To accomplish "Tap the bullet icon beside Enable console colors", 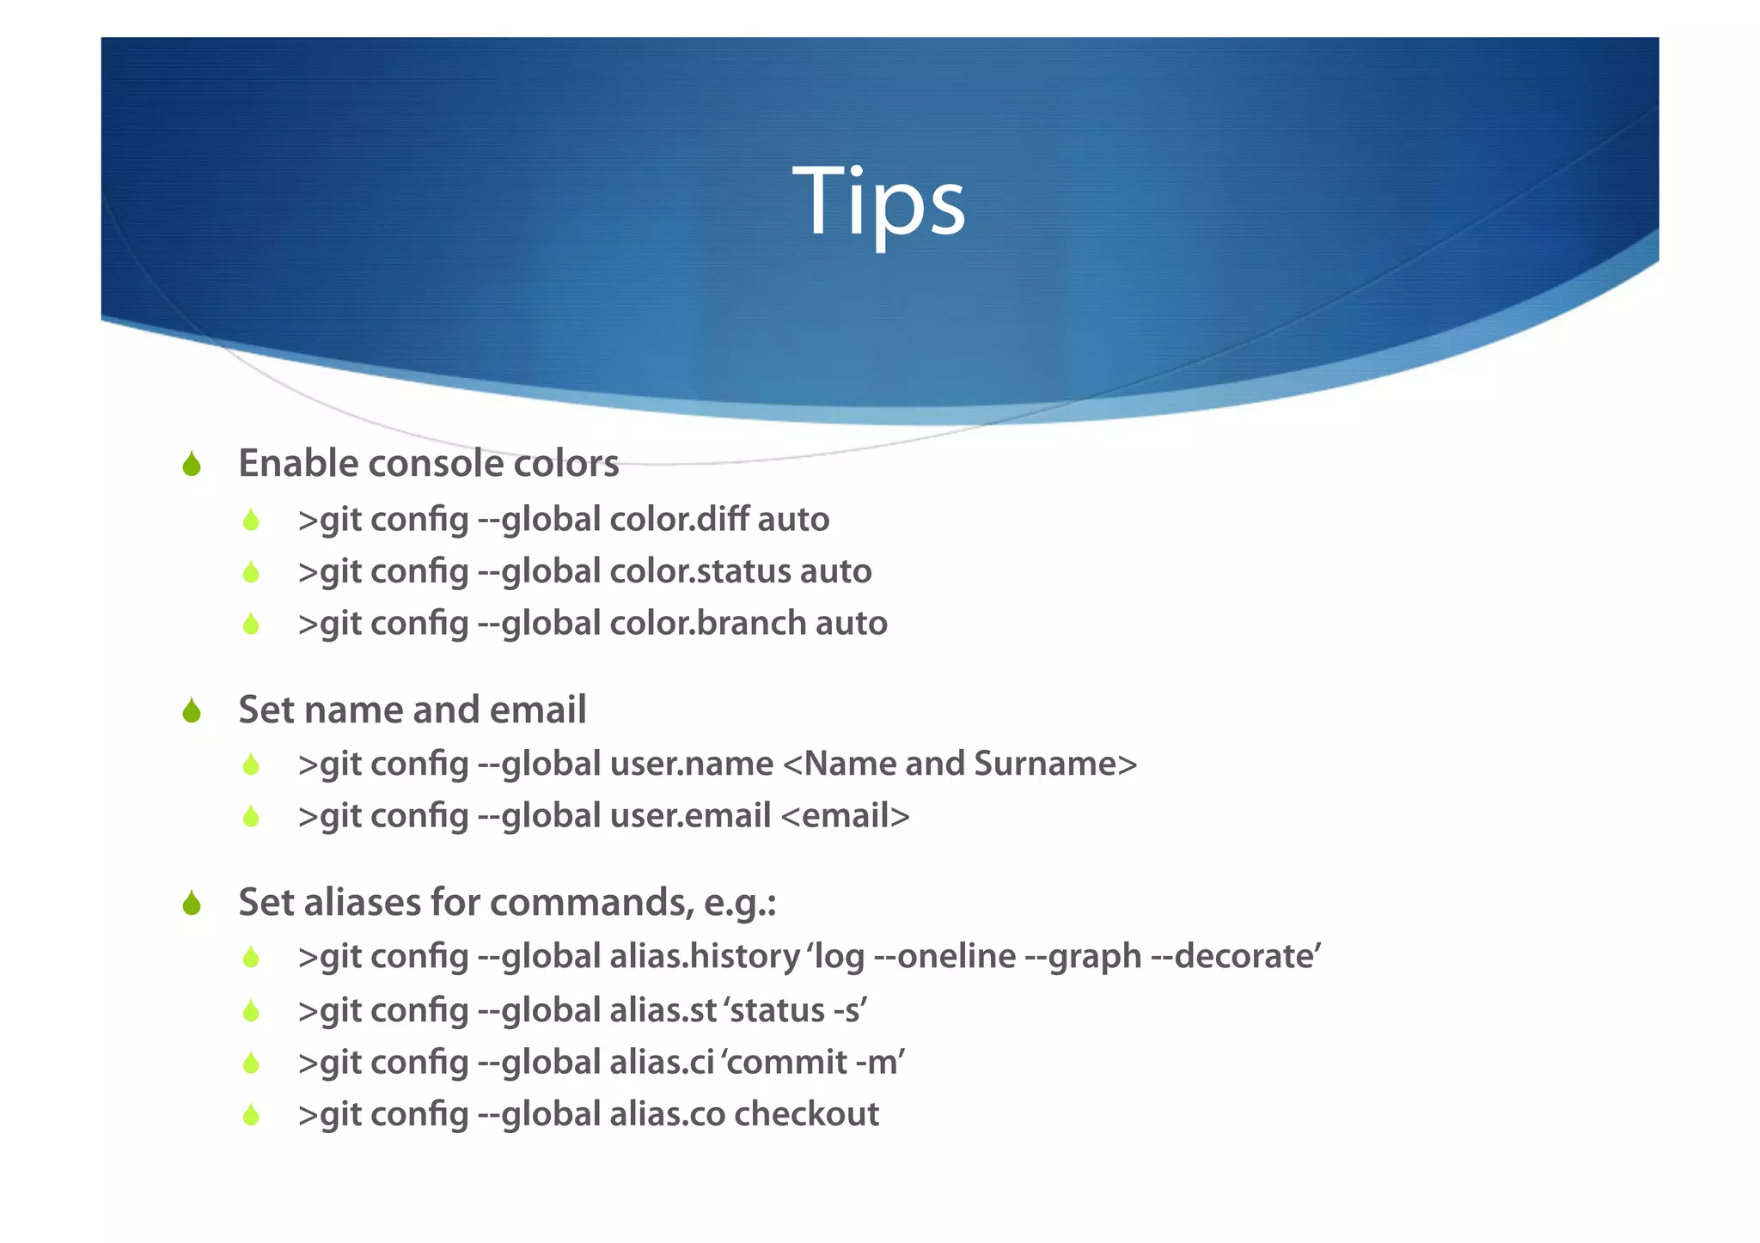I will [192, 465].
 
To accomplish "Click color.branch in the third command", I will [707, 624].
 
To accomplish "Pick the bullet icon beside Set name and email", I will [192, 711].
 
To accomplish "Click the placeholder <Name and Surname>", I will [960, 764].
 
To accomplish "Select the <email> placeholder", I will [845, 816].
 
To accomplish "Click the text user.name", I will [691, 764].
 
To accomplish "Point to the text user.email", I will [690, 816].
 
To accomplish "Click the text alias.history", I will [705, 956].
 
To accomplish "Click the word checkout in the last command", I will [806, 1114].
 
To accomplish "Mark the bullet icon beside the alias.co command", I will [251, 1115].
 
